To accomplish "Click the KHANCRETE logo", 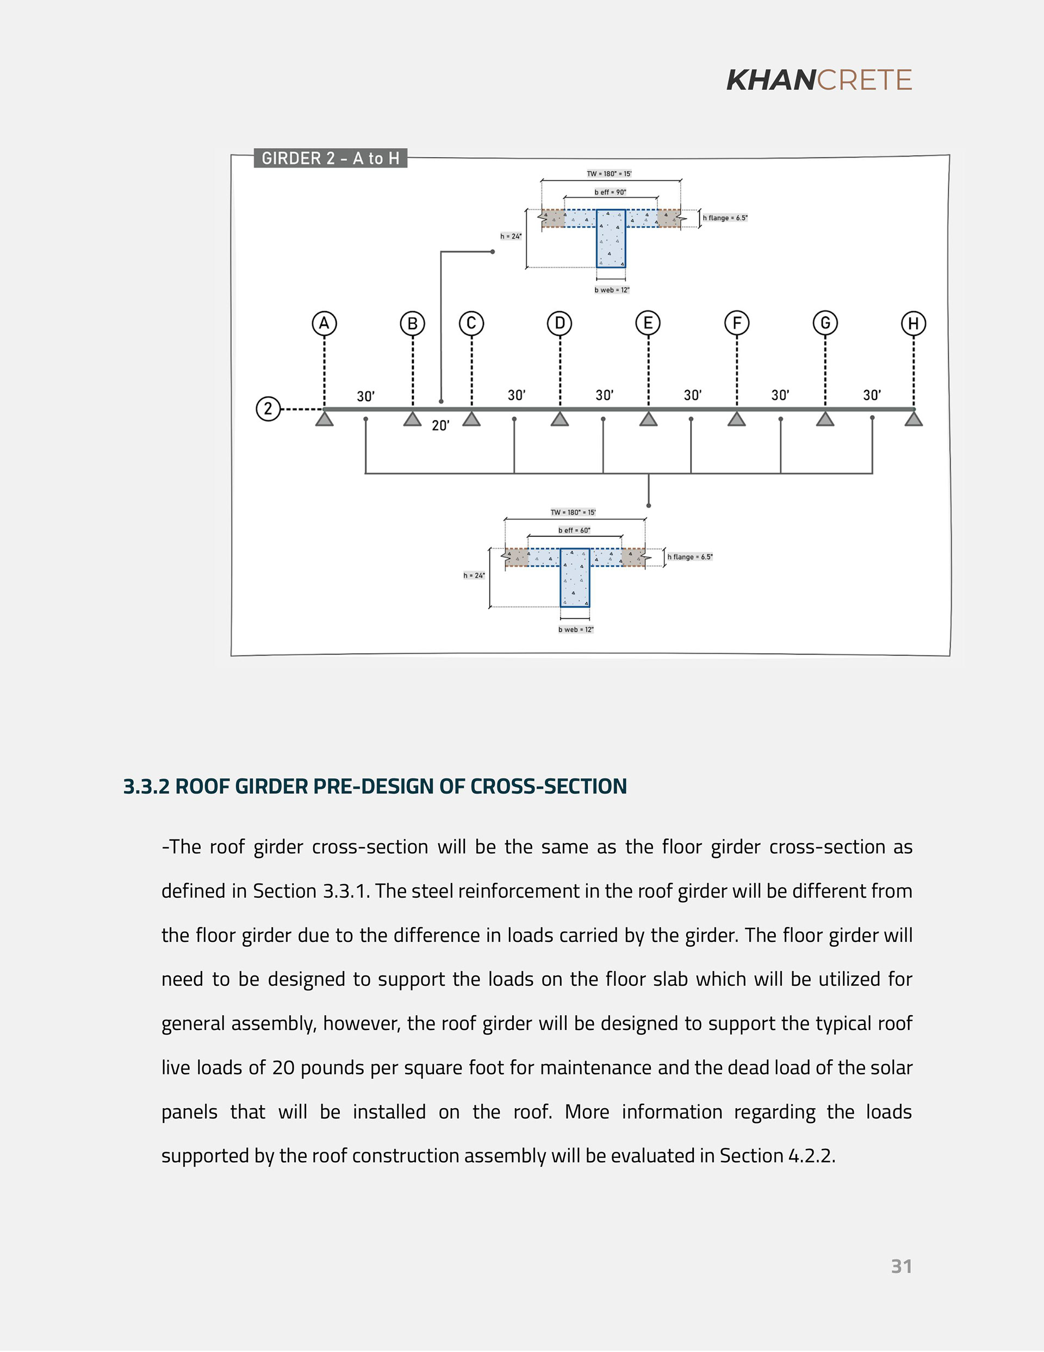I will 819,80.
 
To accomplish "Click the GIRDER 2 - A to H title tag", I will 331,158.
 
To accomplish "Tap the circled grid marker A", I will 324,323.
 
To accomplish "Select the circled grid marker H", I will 913,323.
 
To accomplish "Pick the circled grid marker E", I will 648,323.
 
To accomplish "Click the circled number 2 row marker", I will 268,409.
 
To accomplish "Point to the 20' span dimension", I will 440,426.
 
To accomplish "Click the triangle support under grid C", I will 471,419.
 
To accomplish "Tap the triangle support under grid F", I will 736,419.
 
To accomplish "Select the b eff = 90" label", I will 610,193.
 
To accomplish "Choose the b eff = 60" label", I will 574,530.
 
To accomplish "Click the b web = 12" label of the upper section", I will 612,289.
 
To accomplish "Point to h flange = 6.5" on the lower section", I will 690,557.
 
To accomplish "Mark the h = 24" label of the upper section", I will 511,237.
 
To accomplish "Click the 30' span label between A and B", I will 366,396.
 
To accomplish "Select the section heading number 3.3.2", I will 146,786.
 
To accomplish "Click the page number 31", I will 901,1267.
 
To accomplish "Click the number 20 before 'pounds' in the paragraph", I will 283,1068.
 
